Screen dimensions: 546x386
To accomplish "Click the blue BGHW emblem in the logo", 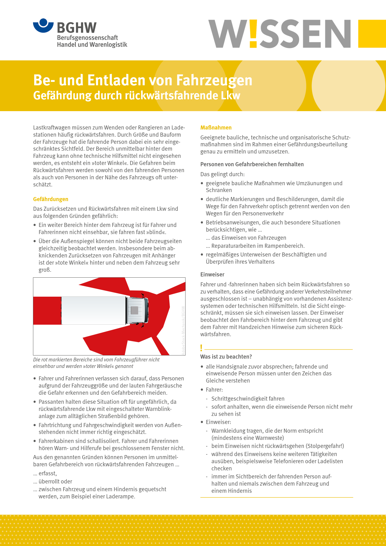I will click(x=43, y=26).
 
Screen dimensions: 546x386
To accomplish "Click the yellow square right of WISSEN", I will click(x=372, y=34).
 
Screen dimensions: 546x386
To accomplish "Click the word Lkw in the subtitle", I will click(x=231, y=96).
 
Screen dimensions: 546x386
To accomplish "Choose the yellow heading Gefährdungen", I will click(x=51, y=199).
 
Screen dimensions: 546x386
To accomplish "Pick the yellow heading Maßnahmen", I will click(x=216, y=128).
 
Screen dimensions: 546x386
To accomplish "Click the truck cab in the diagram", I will click(x=137, y=310).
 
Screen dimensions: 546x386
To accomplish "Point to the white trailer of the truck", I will click(x=93, y=310).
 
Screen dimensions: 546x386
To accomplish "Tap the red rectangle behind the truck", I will click(x=47, y=311).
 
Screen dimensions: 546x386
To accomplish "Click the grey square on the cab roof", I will click(x=134, y=310).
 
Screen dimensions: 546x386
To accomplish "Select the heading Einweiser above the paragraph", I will click(x=212, y=275).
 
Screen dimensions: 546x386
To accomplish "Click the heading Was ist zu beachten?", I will click(x=226, y=357).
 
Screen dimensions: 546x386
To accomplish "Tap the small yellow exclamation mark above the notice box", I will click(x=201, y=348).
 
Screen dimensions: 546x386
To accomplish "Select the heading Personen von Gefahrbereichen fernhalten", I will click(x=252, y=164).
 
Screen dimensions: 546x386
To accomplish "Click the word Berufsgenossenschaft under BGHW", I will click(x=87, y=38).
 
